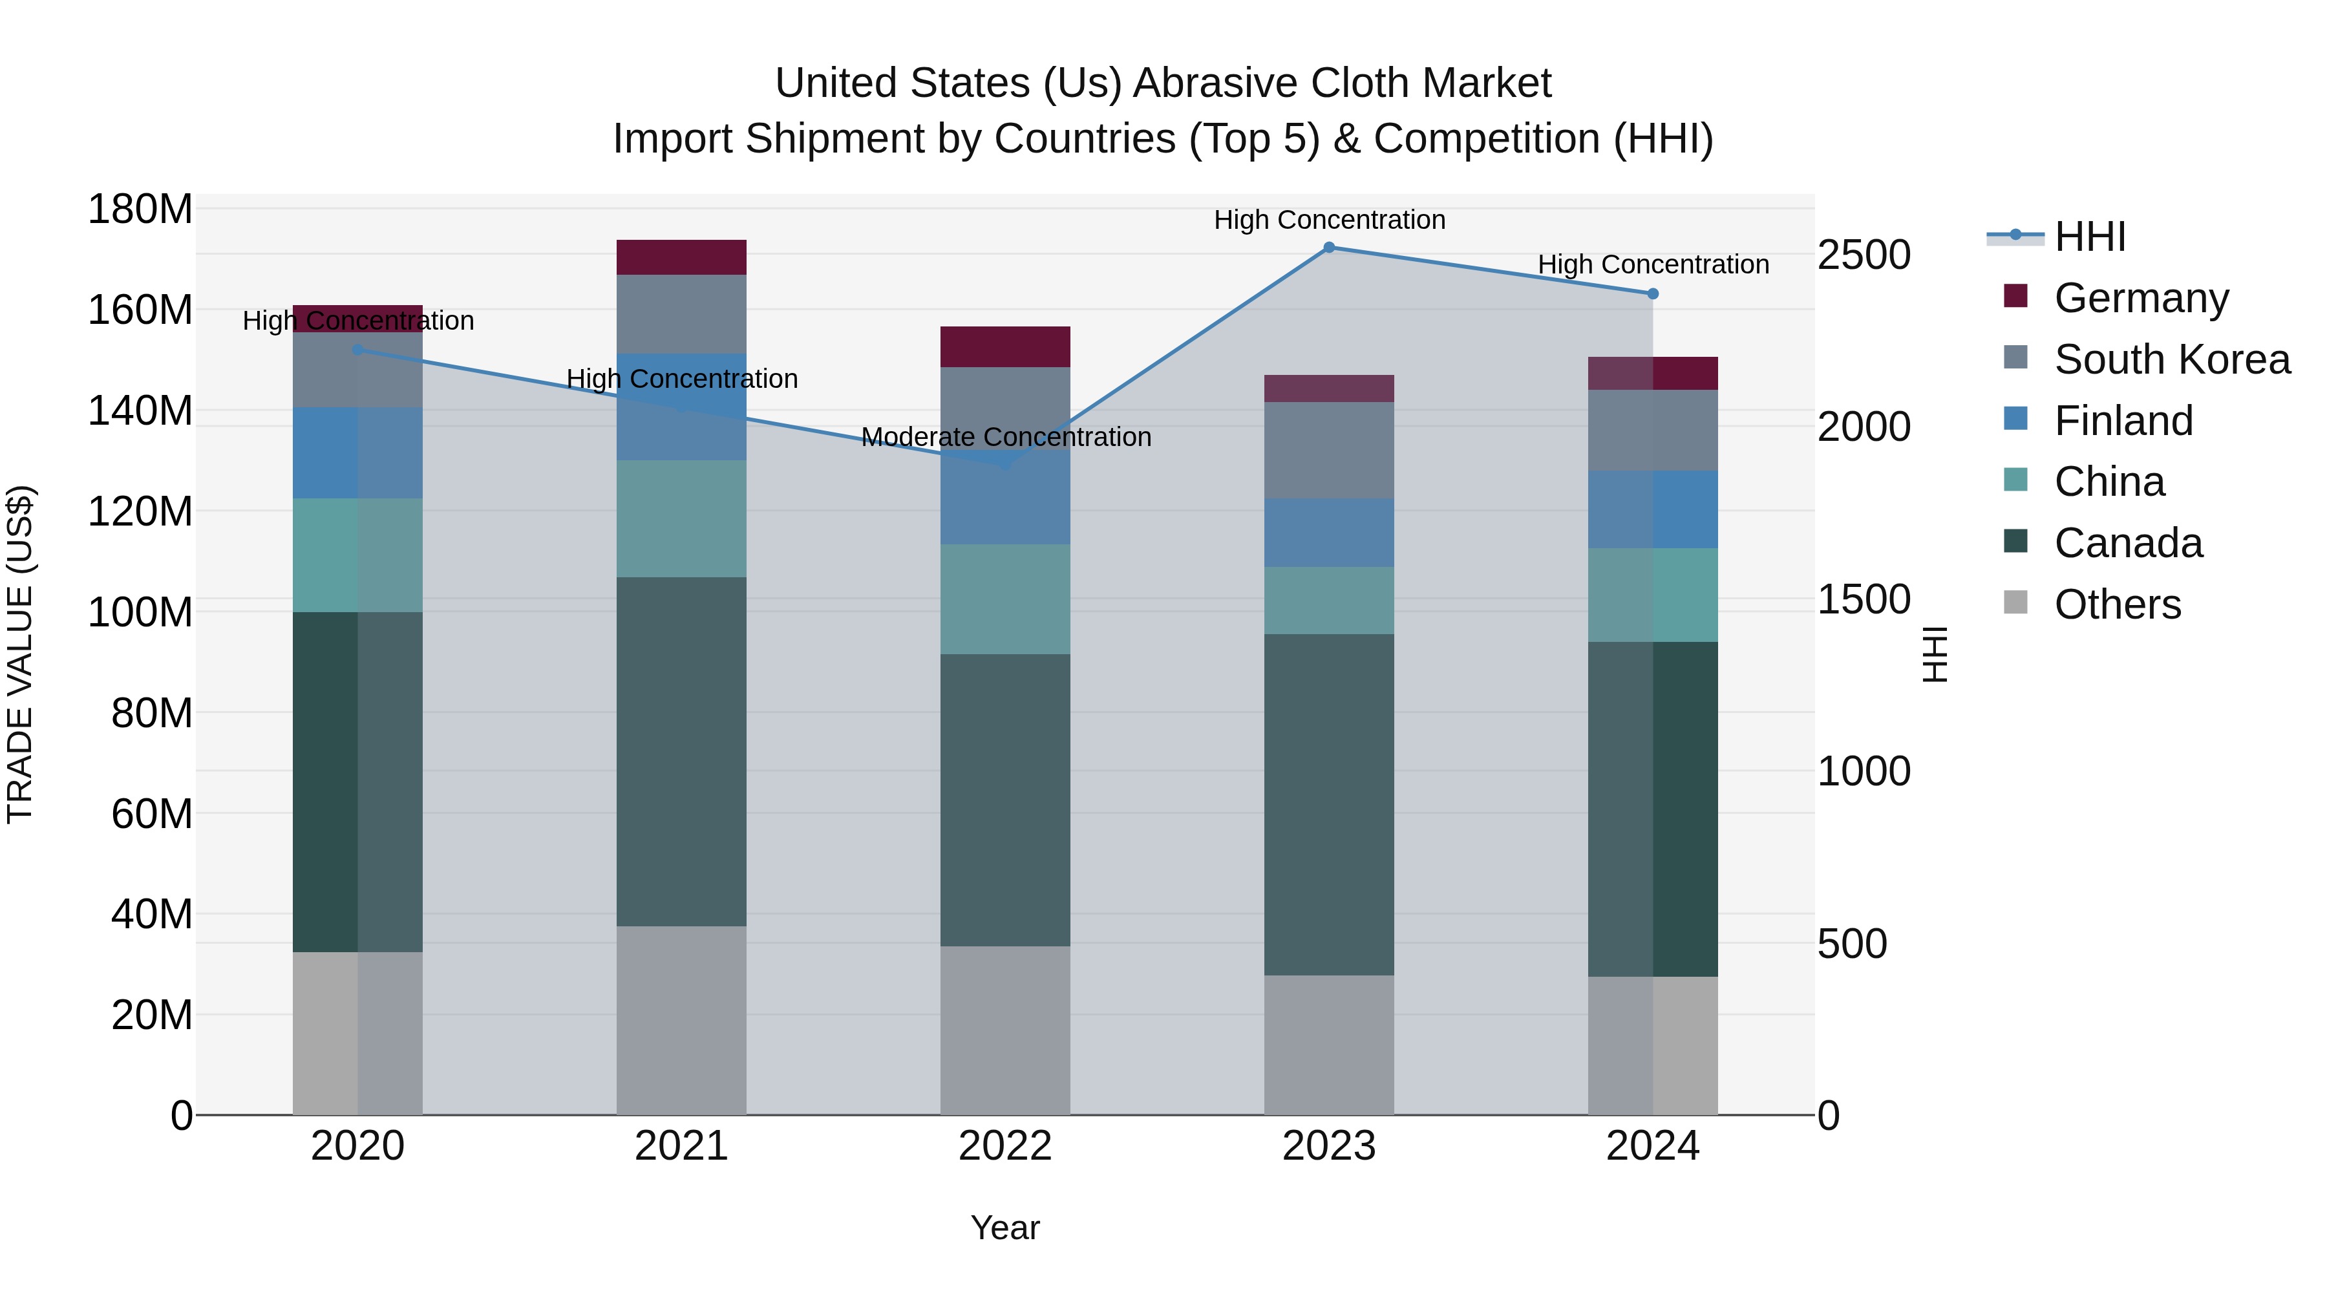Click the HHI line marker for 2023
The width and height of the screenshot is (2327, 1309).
pos(1329,247)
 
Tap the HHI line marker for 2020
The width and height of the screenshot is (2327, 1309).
pos(357,350)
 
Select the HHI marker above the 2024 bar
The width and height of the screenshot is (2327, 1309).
pos(1653,293)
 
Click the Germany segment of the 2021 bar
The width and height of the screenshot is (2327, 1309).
pos(681,257)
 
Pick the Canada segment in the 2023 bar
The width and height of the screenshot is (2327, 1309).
pos(1329,804)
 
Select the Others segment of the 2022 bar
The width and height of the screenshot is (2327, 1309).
pos(1005,1030)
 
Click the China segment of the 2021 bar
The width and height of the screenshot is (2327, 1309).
pos(681,518)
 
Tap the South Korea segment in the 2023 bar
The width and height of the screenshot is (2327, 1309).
pos(1329,450)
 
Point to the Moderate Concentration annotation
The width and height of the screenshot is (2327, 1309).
pos(1005,437)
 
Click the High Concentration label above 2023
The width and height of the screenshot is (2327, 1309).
pos(1329,220)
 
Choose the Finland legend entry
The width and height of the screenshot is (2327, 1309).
pos(2123,421)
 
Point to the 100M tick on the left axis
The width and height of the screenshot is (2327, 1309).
pos(140,613)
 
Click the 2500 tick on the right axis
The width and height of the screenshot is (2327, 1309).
pos(1864,255)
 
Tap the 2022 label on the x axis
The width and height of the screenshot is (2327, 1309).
pos(1005,1146)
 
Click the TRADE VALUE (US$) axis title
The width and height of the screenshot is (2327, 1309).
pos(20,654)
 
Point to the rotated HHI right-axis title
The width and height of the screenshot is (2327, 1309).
pos(1934,654)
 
